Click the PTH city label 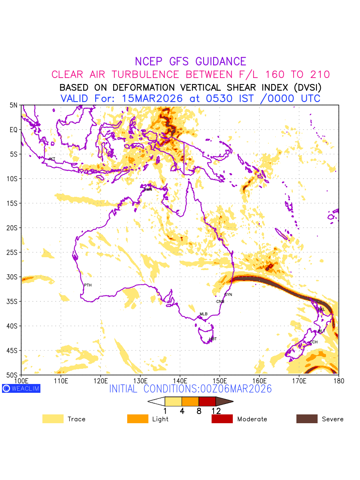click(x=88, y=285)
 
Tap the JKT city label click(x=52, y=159)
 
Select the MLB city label click(x=204, y=314)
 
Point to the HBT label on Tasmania click(x=213, y=339)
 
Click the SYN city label click(x=228, y=295)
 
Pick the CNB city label click(x=220, y=302)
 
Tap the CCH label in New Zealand click(x=314, y=342)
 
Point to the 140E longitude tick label click(x=180, y=380)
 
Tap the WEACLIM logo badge click(x=21, y=388)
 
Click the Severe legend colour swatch click(x=307, y=419)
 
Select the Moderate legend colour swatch click(x=222, y=419)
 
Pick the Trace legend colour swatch click(x=53, y=419)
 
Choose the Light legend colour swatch click(x=138, y=419)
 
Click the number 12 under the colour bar click(x=216, y=411)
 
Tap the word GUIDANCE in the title click(x=221, y=62)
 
